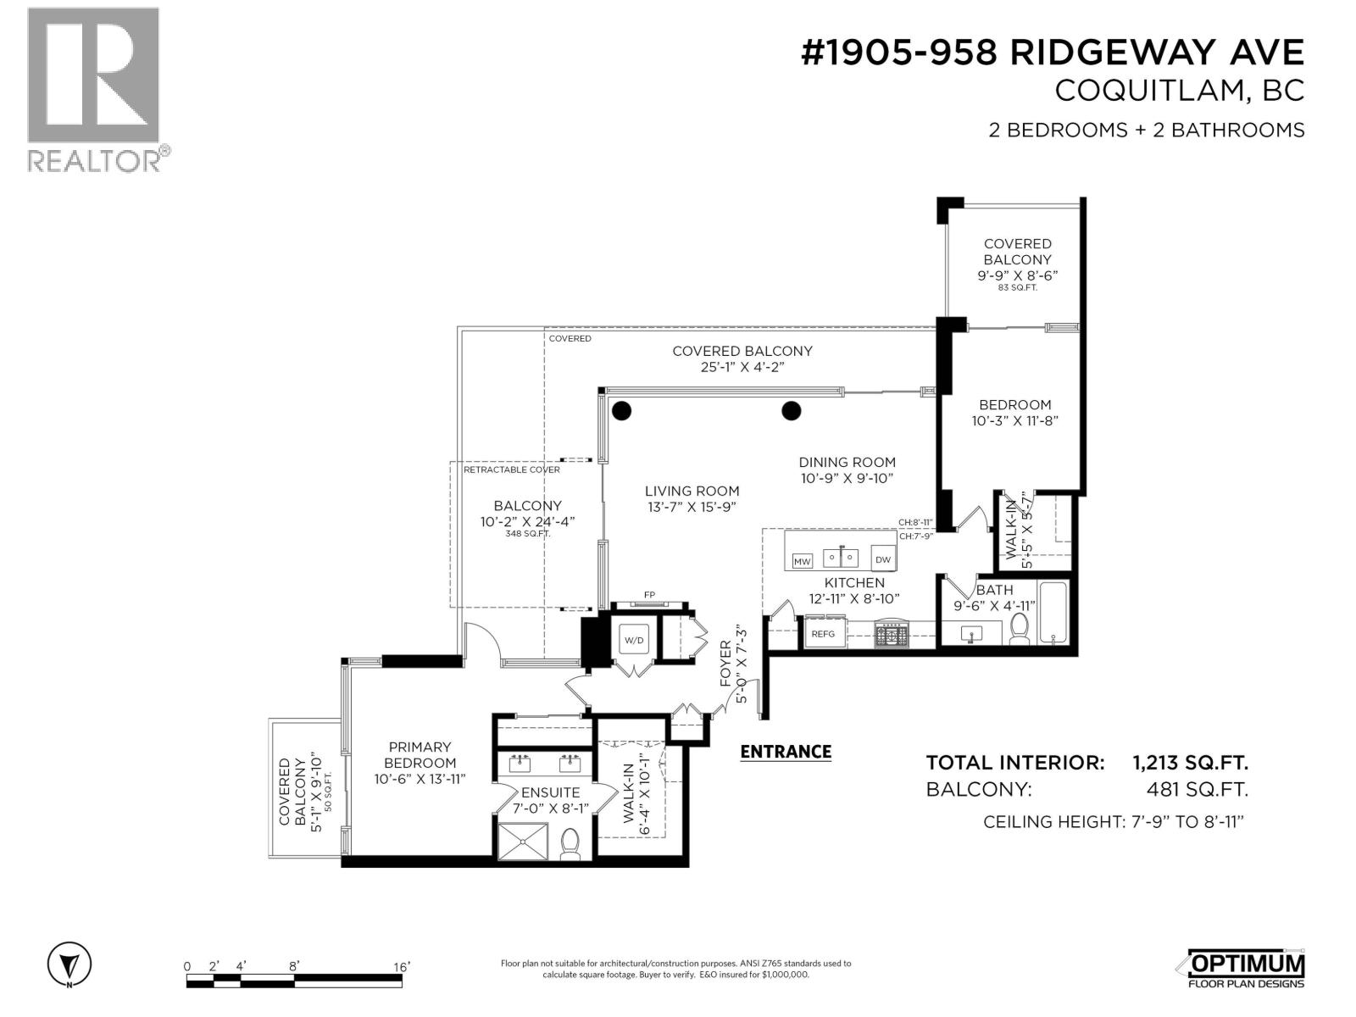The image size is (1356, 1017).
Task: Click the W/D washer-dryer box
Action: click(x=634, y=640)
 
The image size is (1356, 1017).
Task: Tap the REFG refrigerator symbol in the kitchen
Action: click(x=823, y=634)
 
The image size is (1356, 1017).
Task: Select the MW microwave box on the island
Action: click(x=802, y=561)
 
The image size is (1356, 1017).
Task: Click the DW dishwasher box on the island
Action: click(x=882, y=559)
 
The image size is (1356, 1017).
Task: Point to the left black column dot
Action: click(x=621, y=411)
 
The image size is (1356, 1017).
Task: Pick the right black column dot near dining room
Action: click(x=791, y=411)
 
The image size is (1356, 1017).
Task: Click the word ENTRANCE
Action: click(x=786, y=752)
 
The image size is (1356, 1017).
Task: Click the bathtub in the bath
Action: click(x=1053, y=612)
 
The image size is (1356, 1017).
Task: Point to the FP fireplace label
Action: click(x=649, y=594)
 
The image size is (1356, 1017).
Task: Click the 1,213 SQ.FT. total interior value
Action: click(x=1190, y=763)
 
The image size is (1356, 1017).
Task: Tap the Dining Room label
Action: click(x=847, y=462)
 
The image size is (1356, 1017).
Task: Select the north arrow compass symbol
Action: click(x=69, y=964)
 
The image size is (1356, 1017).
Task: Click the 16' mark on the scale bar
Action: click(x=401, y=966)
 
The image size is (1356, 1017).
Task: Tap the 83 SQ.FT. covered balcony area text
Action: click(x=1017, y=288)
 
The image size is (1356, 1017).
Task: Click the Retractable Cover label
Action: click(x=511, y=470)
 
